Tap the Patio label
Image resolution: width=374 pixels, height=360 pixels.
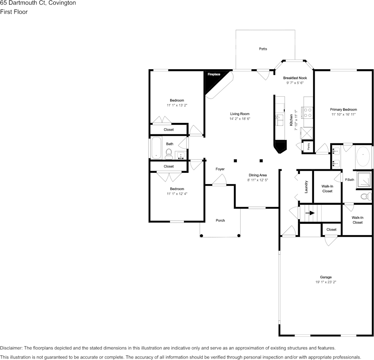(263, 49)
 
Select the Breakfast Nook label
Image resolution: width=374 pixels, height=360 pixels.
(295, 78)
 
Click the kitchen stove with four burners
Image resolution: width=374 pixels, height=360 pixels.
(307, 113)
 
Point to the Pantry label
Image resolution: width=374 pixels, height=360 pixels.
(308, 147)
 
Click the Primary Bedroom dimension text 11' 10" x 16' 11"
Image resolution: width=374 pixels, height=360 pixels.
(343, 115)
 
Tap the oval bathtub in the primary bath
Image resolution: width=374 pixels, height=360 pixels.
(364, 155)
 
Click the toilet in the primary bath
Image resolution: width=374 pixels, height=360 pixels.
(366, 197)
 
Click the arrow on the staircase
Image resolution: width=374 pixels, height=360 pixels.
(310, 213)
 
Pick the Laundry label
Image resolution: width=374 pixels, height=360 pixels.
(306, 186)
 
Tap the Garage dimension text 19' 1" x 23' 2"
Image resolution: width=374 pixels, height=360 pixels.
(326, 282)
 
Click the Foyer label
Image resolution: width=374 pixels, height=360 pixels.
(220, 169)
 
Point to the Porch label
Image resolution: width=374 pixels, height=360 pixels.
(220, 220)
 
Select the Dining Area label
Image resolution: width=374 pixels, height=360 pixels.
(258, 175)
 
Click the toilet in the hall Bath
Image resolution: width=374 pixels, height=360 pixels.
(169, 154)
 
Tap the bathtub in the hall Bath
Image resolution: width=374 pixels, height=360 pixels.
(156, 148)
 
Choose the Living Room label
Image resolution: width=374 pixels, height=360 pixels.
(240, 114)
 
